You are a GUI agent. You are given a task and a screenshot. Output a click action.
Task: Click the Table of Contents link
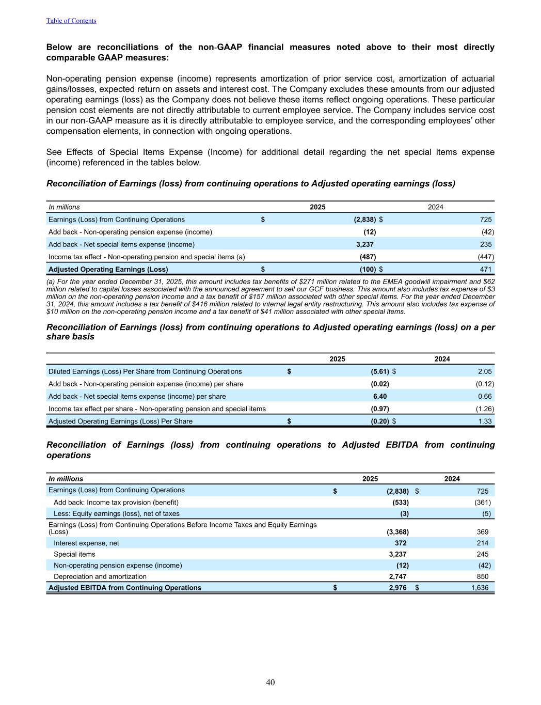pos(71,21)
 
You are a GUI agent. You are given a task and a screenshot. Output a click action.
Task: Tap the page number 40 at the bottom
pos(270,682)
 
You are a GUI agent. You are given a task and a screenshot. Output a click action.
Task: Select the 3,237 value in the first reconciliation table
pos(365,244)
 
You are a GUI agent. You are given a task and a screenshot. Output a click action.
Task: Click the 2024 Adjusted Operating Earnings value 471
pos(486,269)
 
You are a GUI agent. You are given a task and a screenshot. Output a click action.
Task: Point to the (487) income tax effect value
pos(368,257)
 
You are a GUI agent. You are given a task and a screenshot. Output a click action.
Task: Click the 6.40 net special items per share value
pos(380,396)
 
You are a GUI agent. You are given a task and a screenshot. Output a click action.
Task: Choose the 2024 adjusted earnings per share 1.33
pos(485,421)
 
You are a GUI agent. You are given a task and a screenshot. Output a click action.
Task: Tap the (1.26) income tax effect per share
pos(484,409)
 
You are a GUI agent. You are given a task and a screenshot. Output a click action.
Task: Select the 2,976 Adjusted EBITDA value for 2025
pos(397,587)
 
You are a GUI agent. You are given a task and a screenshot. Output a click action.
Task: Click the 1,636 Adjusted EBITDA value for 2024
pos(480,587)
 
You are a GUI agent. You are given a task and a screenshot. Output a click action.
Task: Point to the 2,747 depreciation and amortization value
pos(397,576)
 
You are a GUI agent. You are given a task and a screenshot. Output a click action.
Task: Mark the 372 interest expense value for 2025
pos(401,543)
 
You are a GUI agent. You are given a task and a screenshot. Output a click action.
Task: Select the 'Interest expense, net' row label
pos(86,543)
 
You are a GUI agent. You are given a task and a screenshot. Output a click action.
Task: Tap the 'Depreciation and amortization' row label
pos(100,576)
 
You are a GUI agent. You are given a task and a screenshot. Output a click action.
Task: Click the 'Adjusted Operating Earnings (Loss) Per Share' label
pos(120,421)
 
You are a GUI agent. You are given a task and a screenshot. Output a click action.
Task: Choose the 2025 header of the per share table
pos(338,359)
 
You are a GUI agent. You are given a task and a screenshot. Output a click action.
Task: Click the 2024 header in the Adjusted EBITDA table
pos(452,479)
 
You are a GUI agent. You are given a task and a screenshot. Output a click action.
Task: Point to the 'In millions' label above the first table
pos(64,207)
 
